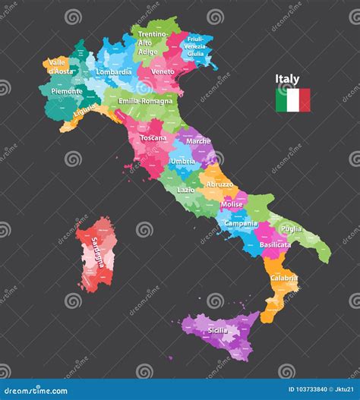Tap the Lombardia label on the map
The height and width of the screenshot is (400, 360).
(113, 72)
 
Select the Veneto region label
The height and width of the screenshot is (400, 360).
(163, 71)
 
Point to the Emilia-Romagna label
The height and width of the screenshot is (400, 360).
(146, 100)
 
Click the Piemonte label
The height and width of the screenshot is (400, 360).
(67, 91)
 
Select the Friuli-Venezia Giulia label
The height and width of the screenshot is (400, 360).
(195, 47)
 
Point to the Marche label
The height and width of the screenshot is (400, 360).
(198, 141)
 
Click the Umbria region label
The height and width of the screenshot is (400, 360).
(182, 161)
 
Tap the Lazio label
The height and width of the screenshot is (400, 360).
(185, 190)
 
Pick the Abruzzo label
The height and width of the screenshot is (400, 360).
(219, 184)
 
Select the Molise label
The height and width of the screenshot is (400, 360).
(232, 205)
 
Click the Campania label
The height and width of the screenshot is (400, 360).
(241, 224)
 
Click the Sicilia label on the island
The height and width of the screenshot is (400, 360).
(217, 331)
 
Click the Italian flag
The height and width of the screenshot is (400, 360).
(292, 100)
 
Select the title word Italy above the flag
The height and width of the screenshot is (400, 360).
(287, 79)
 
